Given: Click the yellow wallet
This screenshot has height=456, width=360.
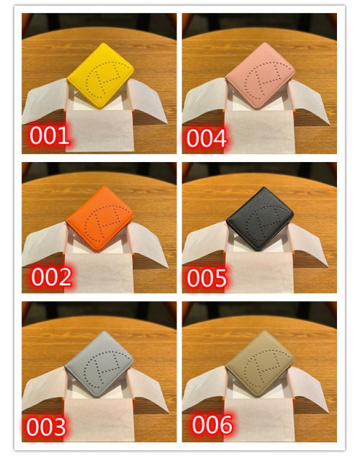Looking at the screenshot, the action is [101, 76].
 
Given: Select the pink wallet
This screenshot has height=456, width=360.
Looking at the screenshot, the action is [261, 76].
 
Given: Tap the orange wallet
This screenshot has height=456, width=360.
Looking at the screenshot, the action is [100, 218].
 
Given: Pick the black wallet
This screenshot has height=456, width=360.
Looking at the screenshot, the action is [260, 218].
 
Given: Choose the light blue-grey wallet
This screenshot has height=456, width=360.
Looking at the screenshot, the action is [99, 364].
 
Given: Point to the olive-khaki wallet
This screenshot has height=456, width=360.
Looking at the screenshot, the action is [260, 363].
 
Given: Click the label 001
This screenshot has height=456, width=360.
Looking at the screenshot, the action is [50, 135].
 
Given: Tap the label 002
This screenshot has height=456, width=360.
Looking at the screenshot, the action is [51, 277].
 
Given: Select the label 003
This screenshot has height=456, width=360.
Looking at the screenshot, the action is [46, 426].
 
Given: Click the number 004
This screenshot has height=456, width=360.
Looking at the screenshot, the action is [207, 138].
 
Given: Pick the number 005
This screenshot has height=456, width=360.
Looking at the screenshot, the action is [207, 278].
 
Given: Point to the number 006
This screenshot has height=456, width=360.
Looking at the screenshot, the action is [212, 424].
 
